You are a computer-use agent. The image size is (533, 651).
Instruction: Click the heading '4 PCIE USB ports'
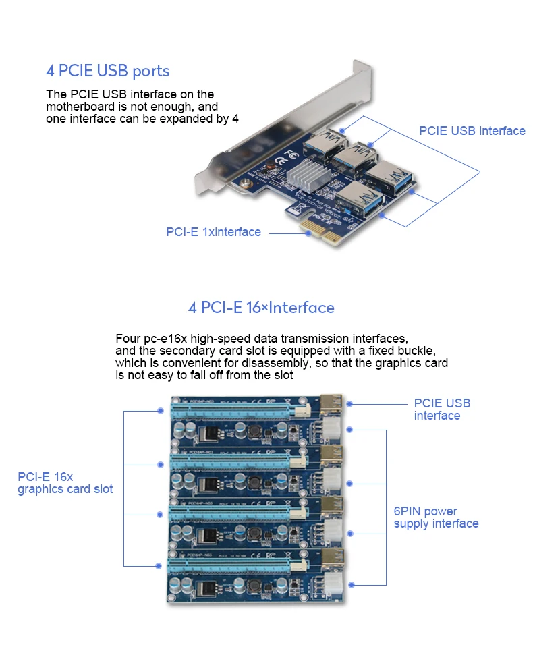[107, 71]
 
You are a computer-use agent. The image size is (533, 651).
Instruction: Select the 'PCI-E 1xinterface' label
[213, 232]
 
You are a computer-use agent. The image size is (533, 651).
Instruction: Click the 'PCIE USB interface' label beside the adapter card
[472, 131]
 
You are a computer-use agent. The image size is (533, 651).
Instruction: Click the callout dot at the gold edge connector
[308, 233]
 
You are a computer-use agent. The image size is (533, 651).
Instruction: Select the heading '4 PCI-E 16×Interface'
[261, 308]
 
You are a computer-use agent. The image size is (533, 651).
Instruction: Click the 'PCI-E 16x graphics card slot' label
[65, 483]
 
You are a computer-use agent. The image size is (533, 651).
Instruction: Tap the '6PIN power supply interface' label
[436, 517]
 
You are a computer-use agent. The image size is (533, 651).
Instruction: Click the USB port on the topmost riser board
[333, 403]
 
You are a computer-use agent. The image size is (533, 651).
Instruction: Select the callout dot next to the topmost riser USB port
[350, 403]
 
